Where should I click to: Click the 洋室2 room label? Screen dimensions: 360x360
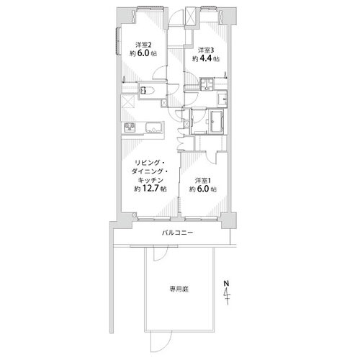143,45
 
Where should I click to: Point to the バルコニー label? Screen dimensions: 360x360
177,233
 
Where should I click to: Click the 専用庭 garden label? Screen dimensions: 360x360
179,289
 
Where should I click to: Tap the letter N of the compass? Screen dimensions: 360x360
226,283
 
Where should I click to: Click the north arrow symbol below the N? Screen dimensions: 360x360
227,296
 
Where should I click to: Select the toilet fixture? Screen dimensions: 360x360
147,90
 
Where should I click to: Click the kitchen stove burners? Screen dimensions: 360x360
130,127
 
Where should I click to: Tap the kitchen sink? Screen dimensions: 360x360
154,127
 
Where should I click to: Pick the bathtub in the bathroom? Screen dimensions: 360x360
217,122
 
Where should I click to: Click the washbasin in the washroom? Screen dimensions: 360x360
222,99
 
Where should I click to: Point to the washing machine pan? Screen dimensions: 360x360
207,84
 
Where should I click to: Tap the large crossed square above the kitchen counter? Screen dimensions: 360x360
128,102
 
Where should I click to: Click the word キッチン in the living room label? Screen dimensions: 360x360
150,180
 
